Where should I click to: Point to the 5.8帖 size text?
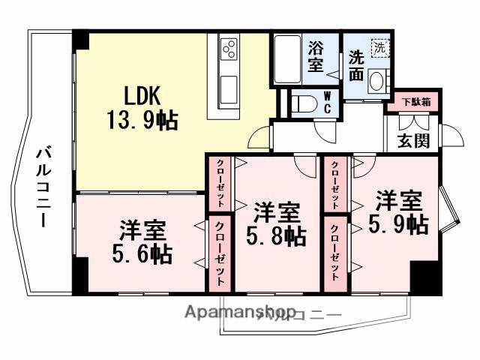click(277, 236)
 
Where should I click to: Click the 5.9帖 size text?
click(398, 223)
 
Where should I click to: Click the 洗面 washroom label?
click(356, 65)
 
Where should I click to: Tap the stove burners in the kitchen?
click(229, 51)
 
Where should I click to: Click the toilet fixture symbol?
click(303, 103)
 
